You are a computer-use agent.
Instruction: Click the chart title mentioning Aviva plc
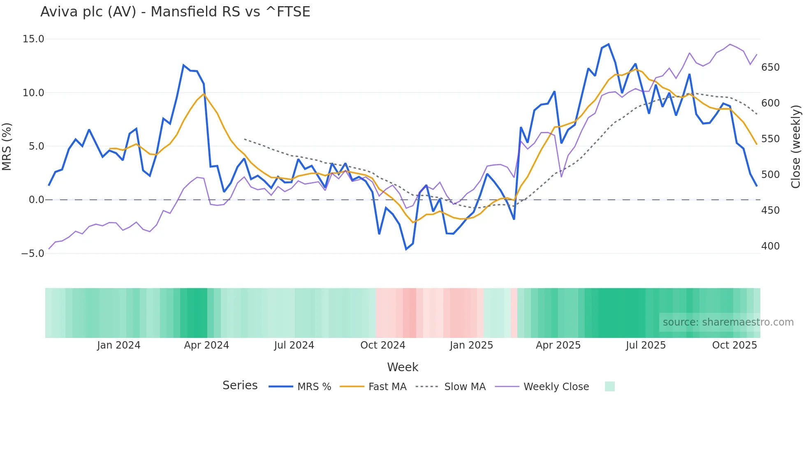[x=175, y=12]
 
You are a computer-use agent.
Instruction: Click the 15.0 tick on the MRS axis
[x=33, y=39]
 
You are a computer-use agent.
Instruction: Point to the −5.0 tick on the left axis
[x=32, y=254]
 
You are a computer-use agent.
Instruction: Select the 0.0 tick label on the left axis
[x=36, y=200]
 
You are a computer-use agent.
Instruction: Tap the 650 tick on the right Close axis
[x=770, y=67]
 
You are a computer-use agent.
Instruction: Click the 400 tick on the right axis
[x=770, y=246]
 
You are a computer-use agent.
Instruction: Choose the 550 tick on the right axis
[x=770, y=139]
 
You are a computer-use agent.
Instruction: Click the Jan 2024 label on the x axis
[x=118, y=345]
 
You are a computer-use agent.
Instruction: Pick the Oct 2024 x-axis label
[x=382, y=345]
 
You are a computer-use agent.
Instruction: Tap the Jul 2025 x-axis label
[x=646, y=345]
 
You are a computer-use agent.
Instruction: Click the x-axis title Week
[x=403, y=367]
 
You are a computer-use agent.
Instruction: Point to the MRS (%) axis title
[x=7, y=146]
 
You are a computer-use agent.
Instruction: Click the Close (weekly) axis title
[x=796, y=146]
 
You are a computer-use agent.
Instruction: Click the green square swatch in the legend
[x=609, y=386]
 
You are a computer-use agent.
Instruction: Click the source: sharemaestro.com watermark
[x=728, y=322]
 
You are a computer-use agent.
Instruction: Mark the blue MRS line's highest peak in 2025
[x=609, y=44]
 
